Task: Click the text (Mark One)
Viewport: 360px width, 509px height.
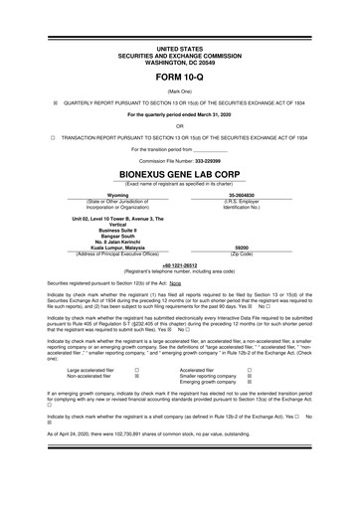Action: coord(179,88)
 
